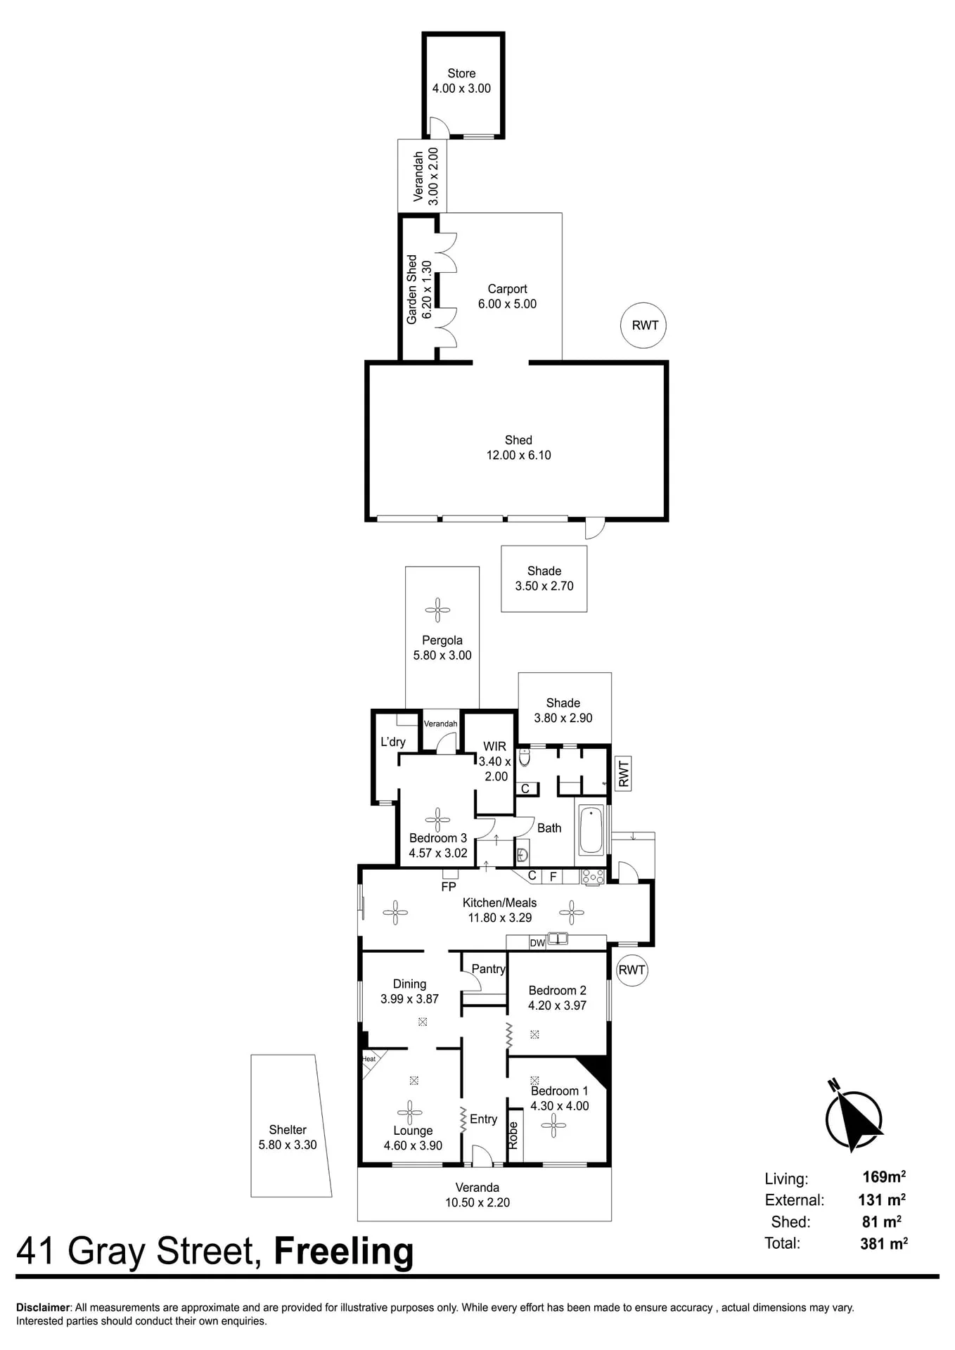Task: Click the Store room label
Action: point(461,73)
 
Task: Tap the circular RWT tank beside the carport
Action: point(644,325)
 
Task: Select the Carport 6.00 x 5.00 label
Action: point(507,296)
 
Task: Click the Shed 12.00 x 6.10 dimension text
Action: point(518,455)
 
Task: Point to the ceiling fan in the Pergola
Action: point(437,610)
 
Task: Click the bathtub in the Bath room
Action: point(591,830)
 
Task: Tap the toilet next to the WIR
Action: point(524,757)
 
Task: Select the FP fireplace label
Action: point(449,887)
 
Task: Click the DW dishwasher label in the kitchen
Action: point(537,943)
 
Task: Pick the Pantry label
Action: point(488,969)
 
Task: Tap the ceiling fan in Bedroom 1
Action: point(553,1125)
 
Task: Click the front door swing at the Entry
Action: point(482,1155)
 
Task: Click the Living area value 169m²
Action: point(884,1176)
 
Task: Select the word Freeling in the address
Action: point(343,1252)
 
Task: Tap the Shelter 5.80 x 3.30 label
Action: point(288,1137)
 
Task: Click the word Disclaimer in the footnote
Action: point(44,1308)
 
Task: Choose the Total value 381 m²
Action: point(884,1243)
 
